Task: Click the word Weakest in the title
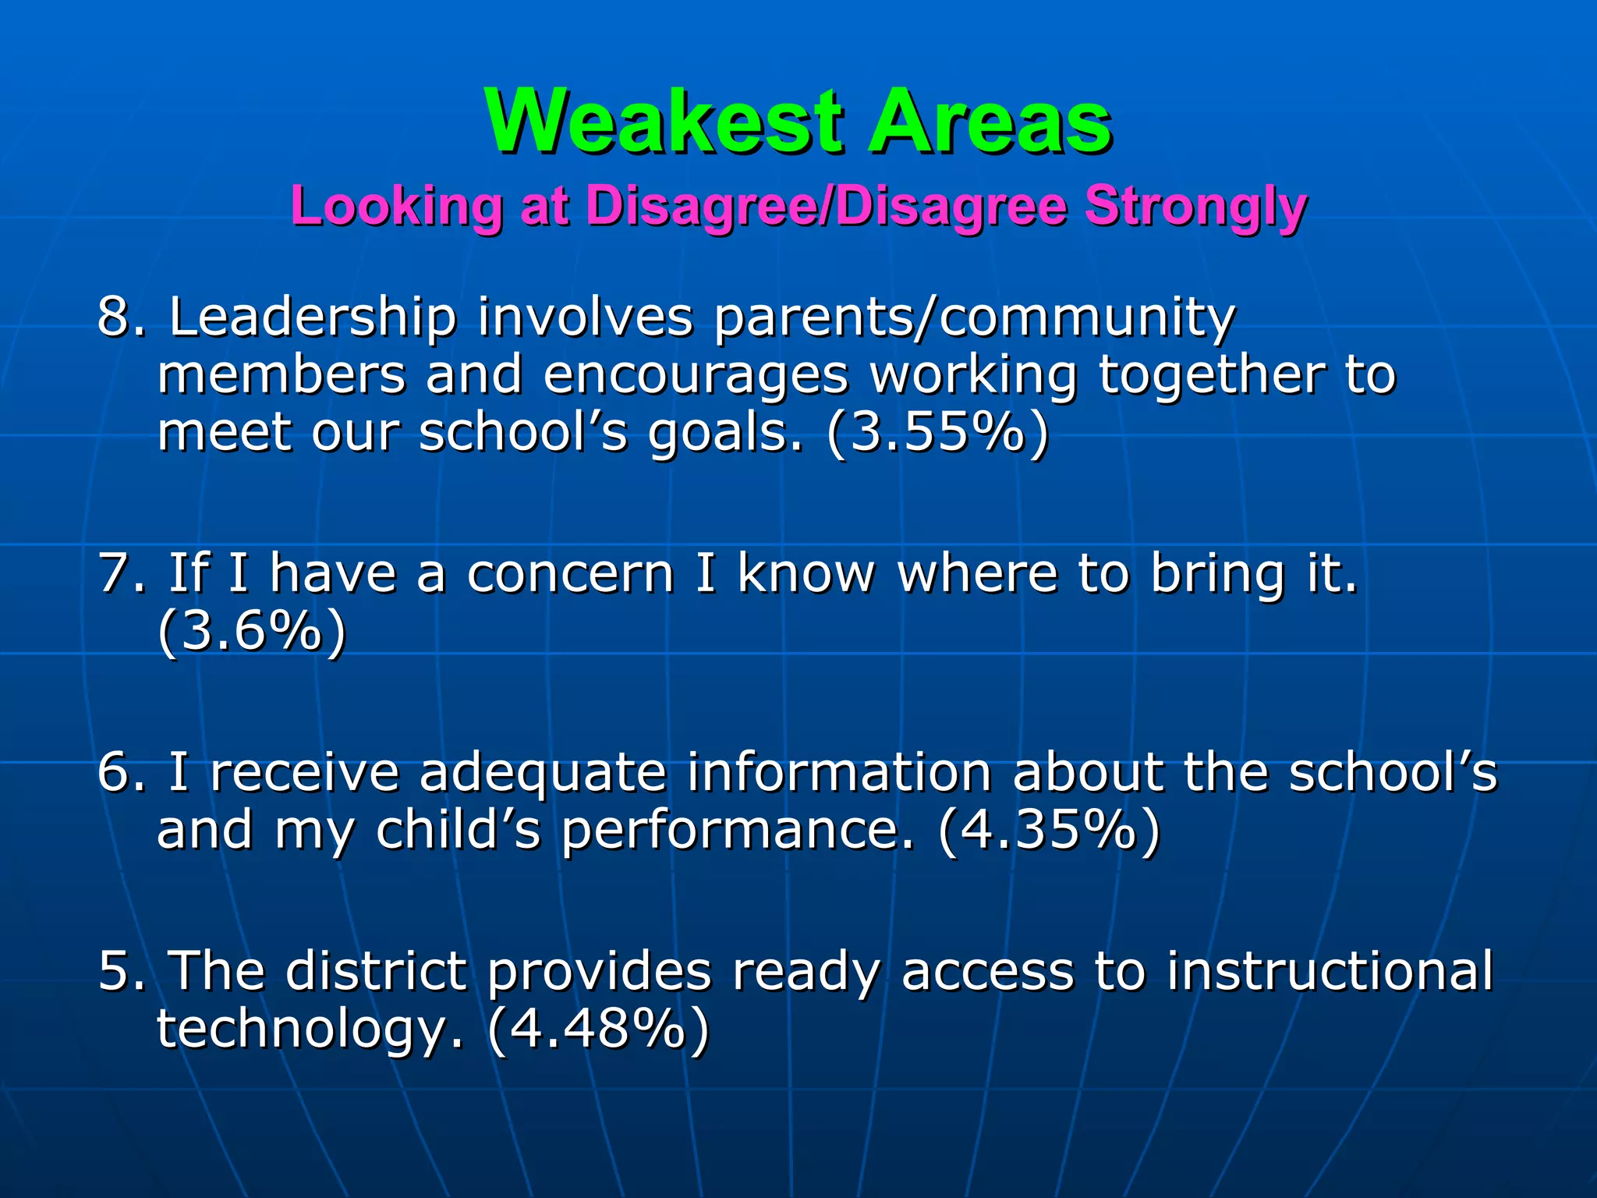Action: click(664, 122)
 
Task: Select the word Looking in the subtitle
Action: click(396, 207)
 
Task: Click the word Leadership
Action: click(313, 317)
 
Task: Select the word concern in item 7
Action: click(570, 573)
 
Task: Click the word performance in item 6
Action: click(736, 831)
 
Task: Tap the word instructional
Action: click(1330, 971)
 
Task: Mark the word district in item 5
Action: click(376, 971)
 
